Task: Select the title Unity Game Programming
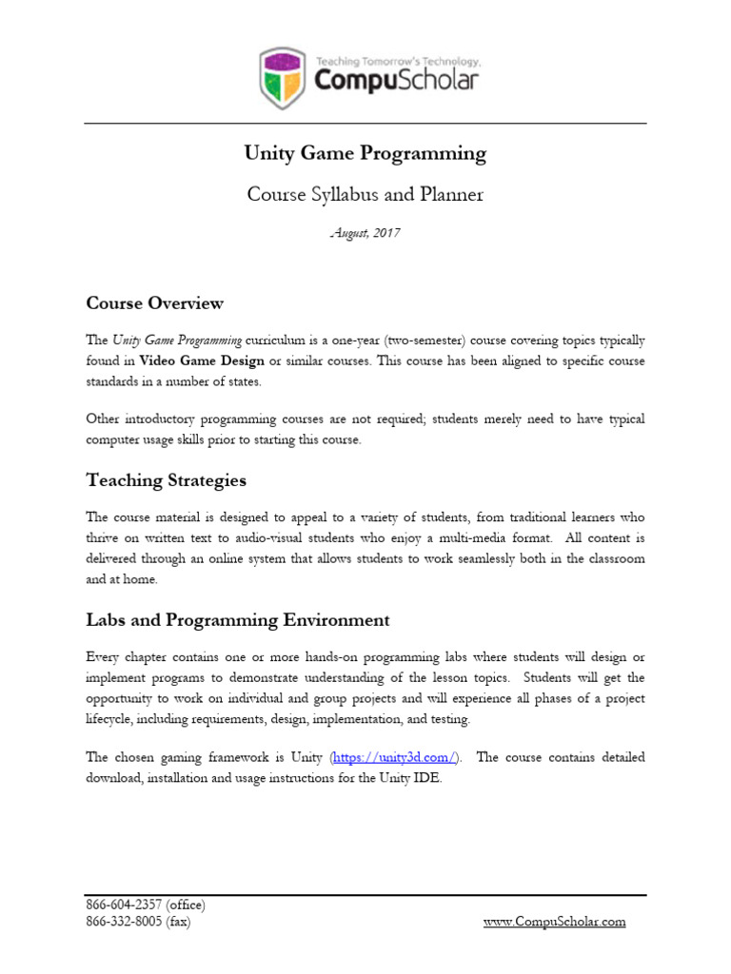pyautogui.click(x=365, y=153)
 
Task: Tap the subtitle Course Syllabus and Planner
pyautogui.click(x=365, y=195)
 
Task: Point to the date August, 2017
pyautogui.click(x=365, y=233)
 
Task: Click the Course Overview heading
pyautogui.click(x=154, y=303)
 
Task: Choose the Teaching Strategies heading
pyautogui.click(x=166, y=480)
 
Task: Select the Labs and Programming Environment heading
pyautogui.click(x=237, y=620)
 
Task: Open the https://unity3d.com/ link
pyautogui.click(x=395, y=757)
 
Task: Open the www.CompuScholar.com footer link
pyautogui.click(x=555, y=922)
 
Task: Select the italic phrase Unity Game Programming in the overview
pyautogui.click(x=178, y=340)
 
